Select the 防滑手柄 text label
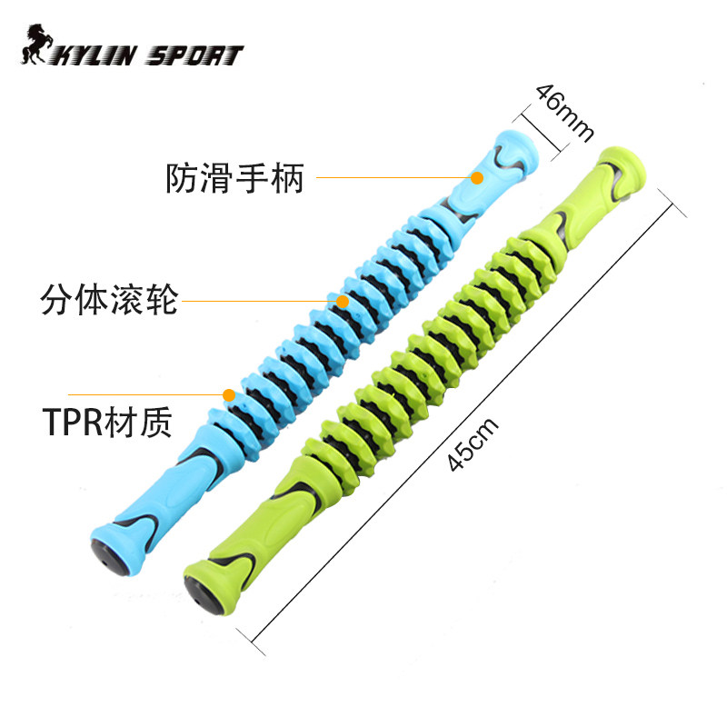pos(234,178)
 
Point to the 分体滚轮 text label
pos(109,298)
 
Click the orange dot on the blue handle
pos(477,178)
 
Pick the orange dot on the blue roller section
pos(342,300)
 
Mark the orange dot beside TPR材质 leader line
pos(228,394)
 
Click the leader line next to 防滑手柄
pos(391,178)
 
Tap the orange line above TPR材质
pos(145,394)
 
